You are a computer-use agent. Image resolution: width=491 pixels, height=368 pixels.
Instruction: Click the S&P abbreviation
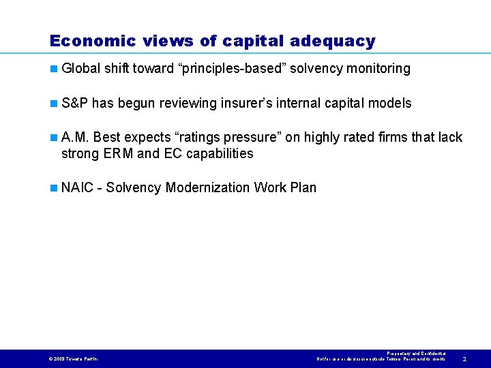click(x=74, y=104)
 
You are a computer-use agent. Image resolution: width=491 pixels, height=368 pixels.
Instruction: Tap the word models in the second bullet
click(x=389, y=104)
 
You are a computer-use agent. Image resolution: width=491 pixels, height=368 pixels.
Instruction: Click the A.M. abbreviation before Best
click(x=75, y=138)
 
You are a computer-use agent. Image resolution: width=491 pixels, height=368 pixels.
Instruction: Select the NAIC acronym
click(x=76, y=187)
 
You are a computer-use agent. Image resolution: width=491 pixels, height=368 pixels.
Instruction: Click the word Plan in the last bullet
click(x=303, y=187)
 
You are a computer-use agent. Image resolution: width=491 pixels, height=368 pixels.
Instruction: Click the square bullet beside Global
click(x=53, y=69)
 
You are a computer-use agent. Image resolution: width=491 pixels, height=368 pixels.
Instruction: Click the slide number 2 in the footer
click(x=464, y=358)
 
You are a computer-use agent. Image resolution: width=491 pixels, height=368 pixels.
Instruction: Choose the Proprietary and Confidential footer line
click(x=416, y=353)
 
